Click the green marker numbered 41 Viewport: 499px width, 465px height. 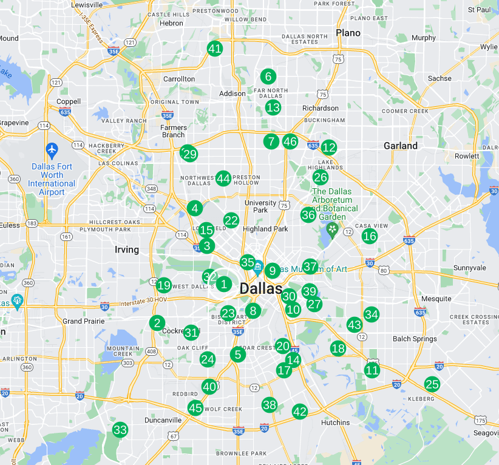214,49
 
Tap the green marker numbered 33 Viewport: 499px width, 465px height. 120,430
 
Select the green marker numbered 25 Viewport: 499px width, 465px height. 432,384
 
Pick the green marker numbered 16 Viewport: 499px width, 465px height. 370,236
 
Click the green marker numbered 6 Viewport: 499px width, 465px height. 267,76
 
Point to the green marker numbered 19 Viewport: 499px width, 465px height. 163,285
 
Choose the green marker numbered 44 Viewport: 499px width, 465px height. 223,178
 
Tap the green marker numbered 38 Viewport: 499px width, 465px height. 270,405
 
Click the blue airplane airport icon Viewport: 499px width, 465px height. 52,149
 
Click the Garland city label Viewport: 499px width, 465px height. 401,146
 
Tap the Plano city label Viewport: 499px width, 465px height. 348,33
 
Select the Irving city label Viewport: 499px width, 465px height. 127,249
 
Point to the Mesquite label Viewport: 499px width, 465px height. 436,299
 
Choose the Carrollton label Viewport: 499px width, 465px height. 179,79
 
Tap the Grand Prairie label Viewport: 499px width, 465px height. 81,321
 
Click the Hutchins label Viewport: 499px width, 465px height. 336,423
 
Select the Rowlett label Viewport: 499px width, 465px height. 466,156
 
